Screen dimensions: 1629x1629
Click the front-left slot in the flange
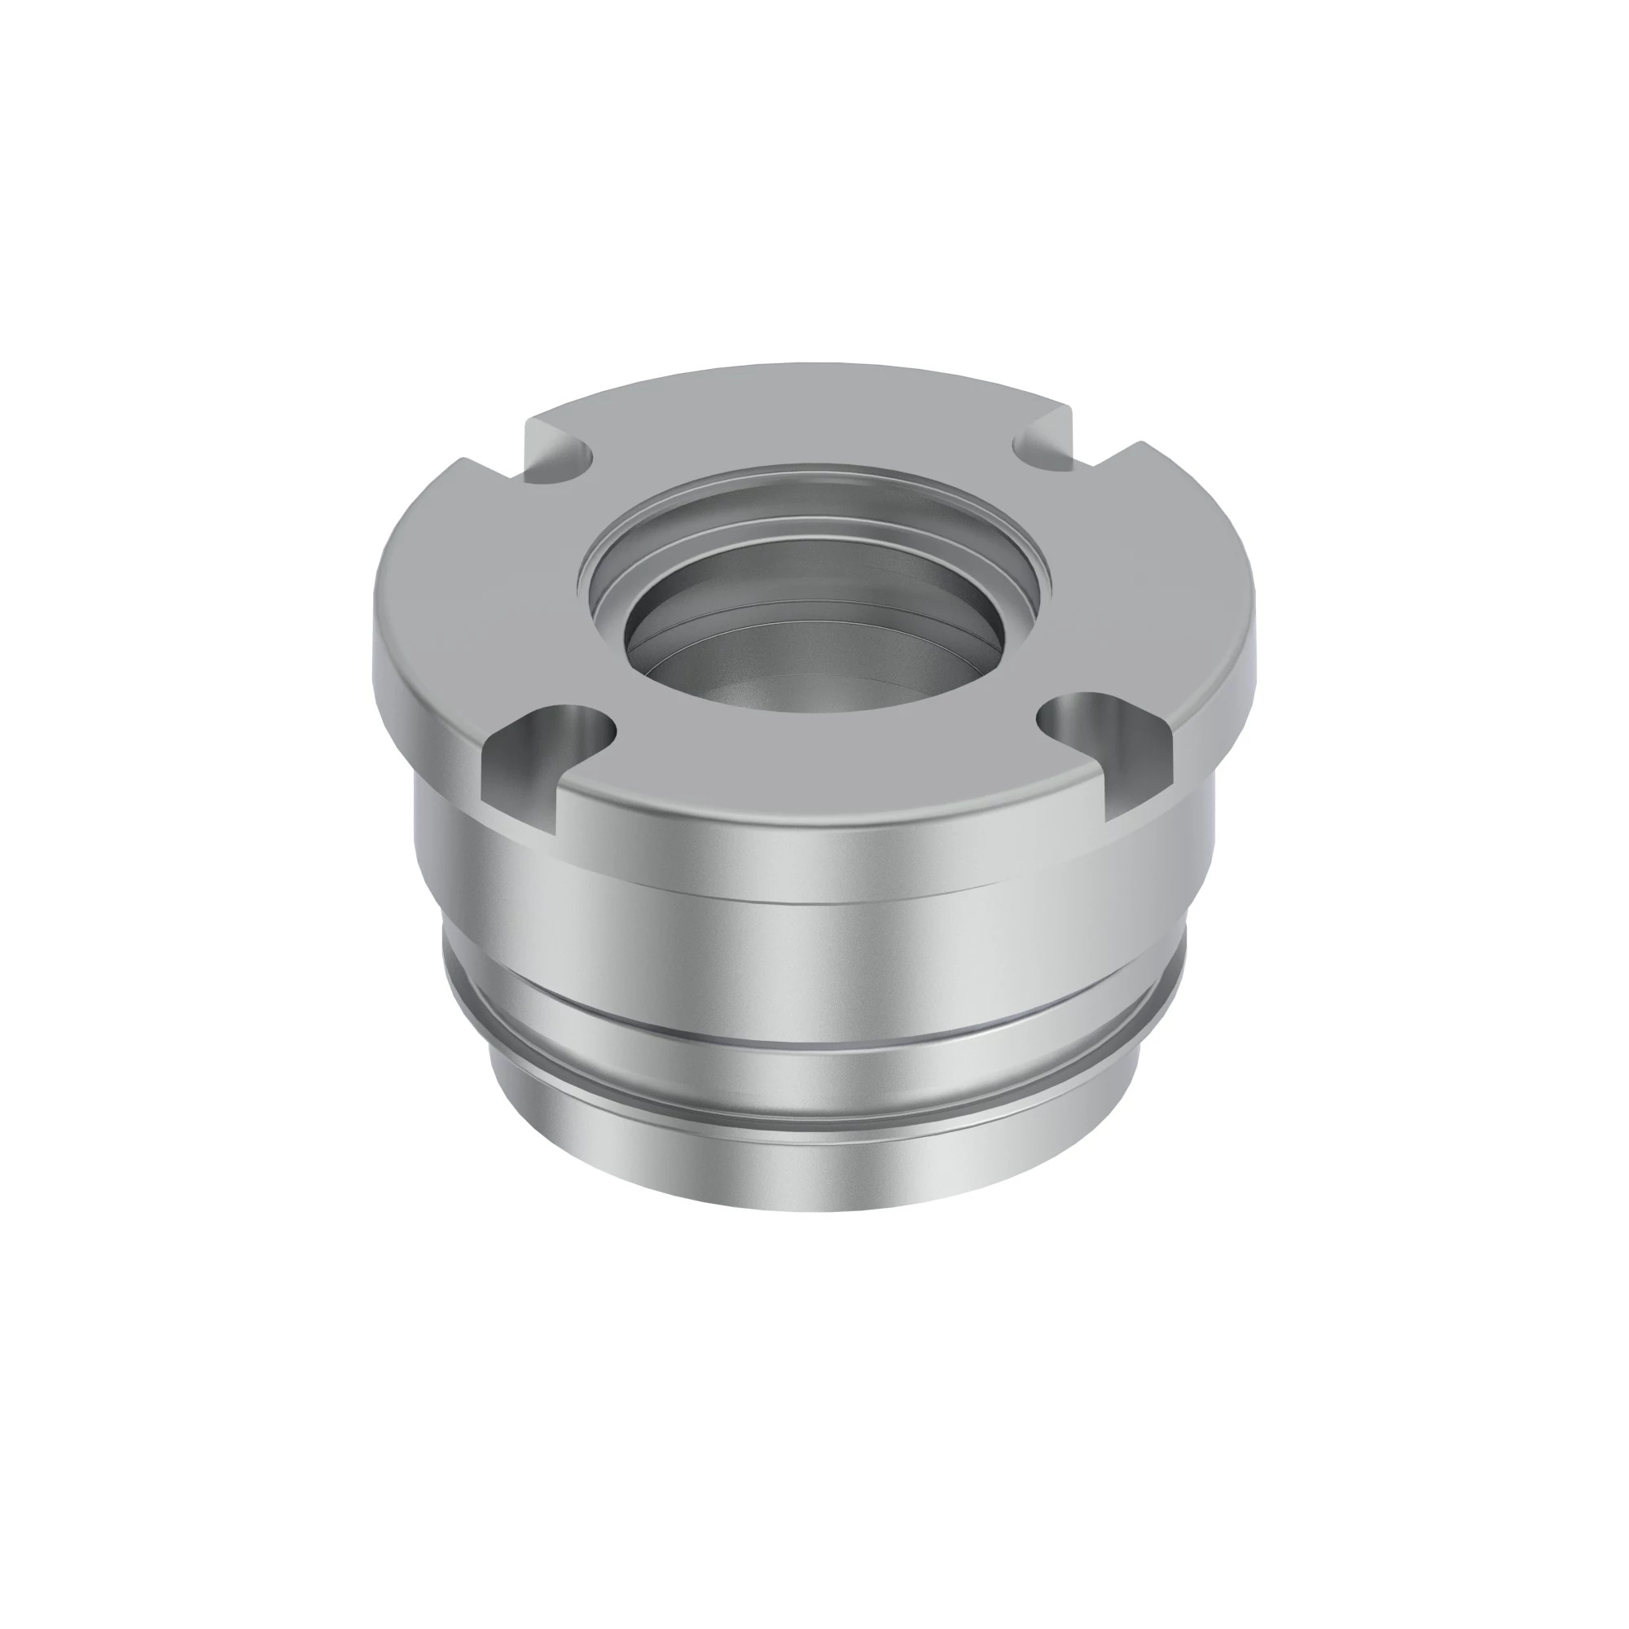(540, 750)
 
